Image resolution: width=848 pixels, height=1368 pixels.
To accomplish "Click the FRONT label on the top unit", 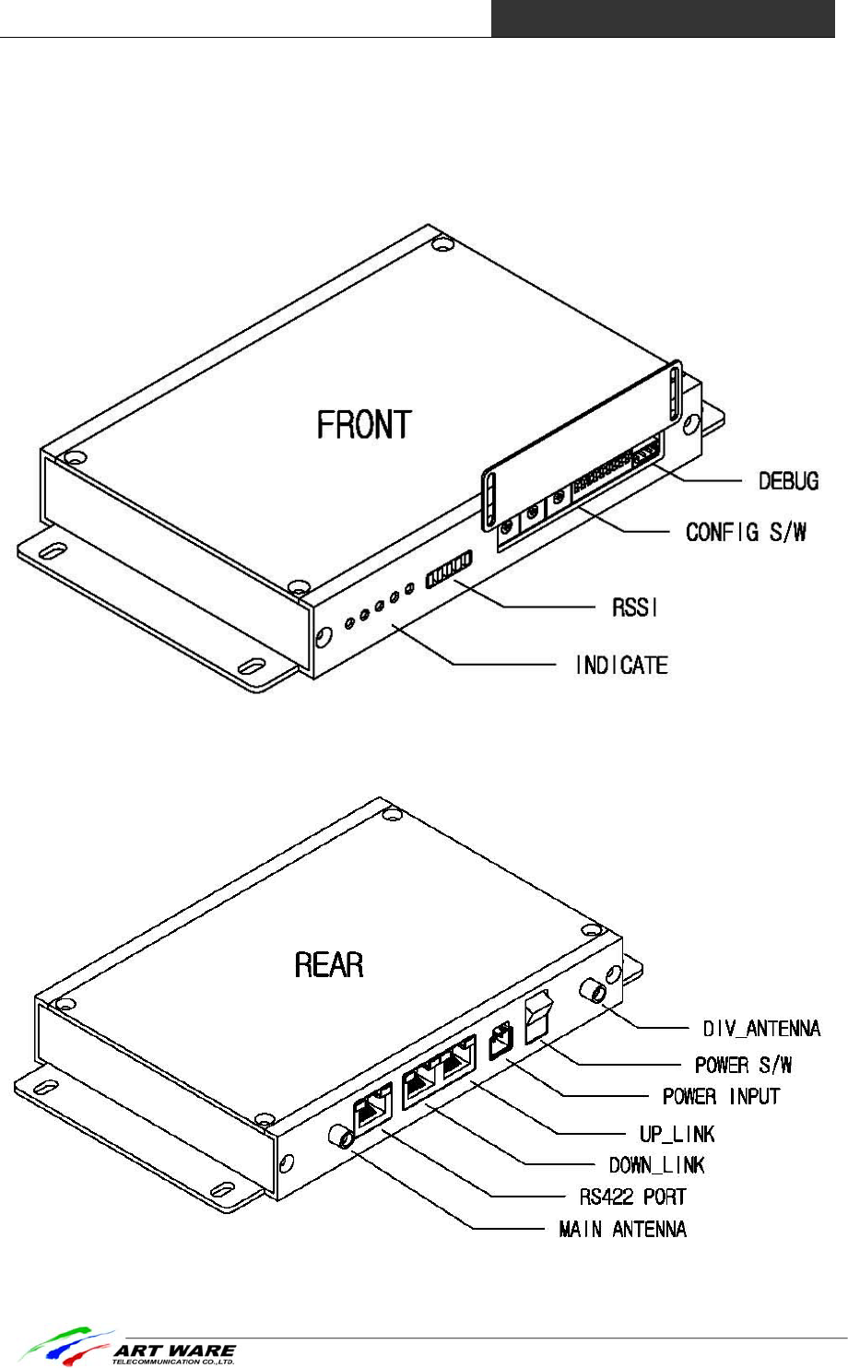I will pos(364,425).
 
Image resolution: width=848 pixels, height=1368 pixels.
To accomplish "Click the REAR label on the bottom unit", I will pos(329,965).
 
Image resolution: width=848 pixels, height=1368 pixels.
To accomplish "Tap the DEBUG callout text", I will pos(788,481).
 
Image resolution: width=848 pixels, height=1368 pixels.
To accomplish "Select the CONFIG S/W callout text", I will pos(746,532).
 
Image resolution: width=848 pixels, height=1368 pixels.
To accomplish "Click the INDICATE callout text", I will pos(621,665).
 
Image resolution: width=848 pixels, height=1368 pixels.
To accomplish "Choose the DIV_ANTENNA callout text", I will pos(761,1029).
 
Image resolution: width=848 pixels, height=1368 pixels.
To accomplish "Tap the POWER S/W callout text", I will pos(743,1065).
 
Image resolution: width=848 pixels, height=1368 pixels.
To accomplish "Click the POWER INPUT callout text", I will pos(721,1096).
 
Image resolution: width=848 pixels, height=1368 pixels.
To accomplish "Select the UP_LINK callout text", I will pos(677,1133).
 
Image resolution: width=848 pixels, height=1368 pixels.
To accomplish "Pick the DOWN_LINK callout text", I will pos(656,1164).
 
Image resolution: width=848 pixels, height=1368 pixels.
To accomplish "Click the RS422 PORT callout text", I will pos(632,1197).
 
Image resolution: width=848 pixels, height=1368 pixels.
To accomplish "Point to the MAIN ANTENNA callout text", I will pos(622,1229).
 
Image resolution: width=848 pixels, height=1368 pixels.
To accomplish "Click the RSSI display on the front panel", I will pos(449,569).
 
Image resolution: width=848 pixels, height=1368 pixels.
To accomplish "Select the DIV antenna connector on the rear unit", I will pos(592,993).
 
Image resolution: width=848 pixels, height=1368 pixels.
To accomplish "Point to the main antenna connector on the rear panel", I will pos(341,1135).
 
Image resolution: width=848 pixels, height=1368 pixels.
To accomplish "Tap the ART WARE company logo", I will pos(129,1349).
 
